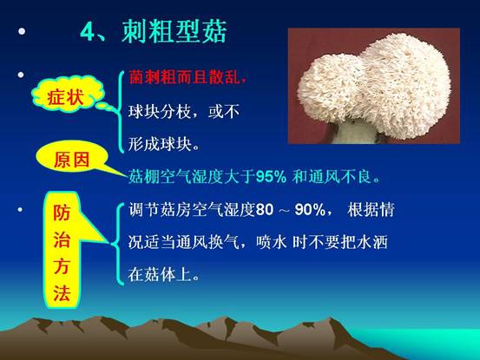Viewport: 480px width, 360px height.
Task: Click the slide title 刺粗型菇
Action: pyautogui.click(x=174, y=31)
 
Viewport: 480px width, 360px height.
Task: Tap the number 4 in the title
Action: pyautogui.click(x=88, y=32)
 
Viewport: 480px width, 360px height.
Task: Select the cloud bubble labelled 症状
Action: pyautogui.click(x=68, y=95)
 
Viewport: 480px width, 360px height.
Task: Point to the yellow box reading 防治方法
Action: pyautogui.click(x=62, y=250)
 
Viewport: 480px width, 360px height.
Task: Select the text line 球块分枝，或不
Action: pyautogui.click(x=184, y=111)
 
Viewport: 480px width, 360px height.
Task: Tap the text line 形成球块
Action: pyautogui.click(x=163, y=143)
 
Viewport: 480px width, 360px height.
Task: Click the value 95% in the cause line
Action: pyautogui.click(x=271, y=176)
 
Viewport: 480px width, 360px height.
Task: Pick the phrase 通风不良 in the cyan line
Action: pyautogui.click(x=340, y=176)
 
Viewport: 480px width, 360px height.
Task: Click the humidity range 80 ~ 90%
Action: pyautogui.click(x=291, y=210)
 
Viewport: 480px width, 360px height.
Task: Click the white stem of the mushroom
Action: pyautogui.click(x=354, y=133)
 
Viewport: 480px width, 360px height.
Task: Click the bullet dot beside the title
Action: pyautogui.click(x=22, y=31)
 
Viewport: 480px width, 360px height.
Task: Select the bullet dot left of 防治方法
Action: pyautogui.click(x=20, y=210)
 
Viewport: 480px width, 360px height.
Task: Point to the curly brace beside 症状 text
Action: pyautogui.click(x=120, y=112)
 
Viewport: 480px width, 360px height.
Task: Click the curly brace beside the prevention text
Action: pyautogui.click(x=119, y=244)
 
